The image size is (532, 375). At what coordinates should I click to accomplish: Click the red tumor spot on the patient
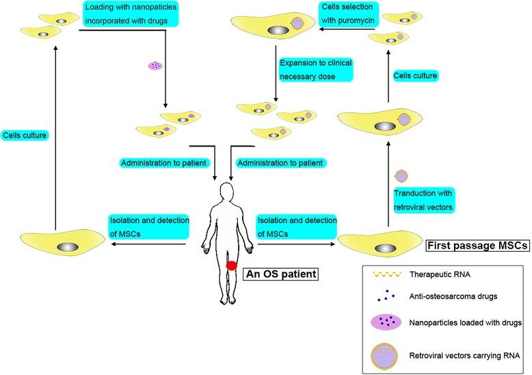click(232, 265)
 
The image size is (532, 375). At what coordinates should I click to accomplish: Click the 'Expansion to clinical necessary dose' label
click(315, 69)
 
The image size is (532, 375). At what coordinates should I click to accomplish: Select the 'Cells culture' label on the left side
click(25, 135)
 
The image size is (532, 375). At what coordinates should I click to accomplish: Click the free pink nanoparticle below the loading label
click(157, 66)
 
